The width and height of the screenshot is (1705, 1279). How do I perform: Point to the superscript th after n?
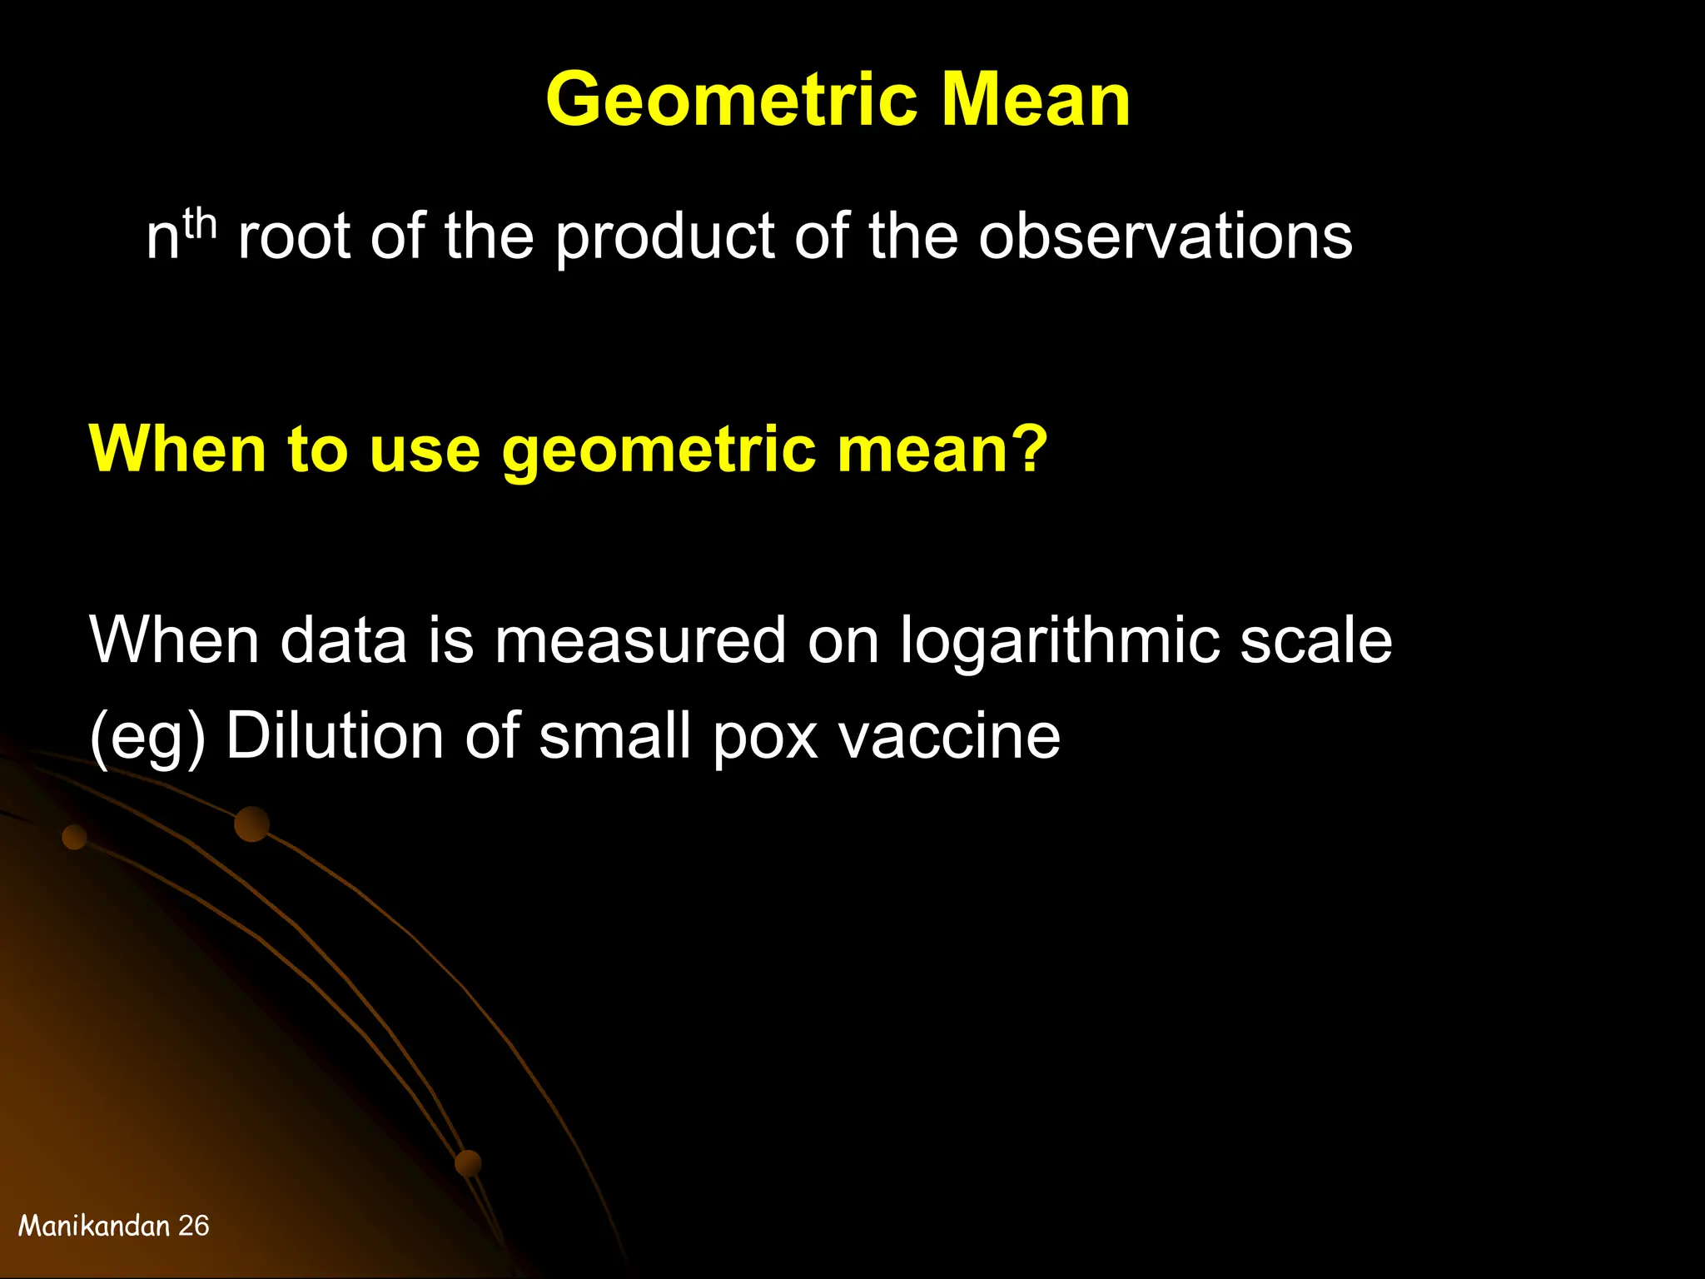point(200,223)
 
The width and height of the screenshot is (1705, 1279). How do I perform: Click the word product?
point(664,238)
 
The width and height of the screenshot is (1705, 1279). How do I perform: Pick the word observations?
point(1165,236)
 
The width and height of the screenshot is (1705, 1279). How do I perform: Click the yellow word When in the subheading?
point(177,449)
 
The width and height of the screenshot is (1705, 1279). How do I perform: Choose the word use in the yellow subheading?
point(425,450)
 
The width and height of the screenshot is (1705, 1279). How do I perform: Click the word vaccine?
point(949,736)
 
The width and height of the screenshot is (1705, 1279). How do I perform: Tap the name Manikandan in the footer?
point(94,1226)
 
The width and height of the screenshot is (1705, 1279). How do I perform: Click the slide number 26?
point(194,1226)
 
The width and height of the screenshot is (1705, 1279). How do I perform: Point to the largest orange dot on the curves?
point(251,824)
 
